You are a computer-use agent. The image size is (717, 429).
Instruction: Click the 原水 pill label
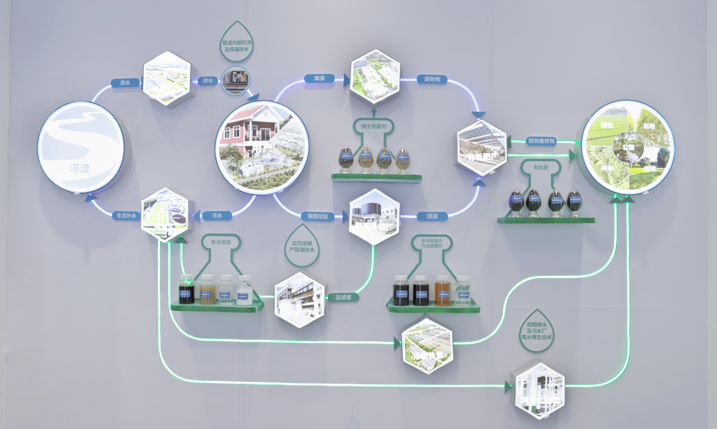[125, 83]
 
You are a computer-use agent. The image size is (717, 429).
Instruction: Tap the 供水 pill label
[208, 81]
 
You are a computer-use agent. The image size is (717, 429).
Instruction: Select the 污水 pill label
[217, 216]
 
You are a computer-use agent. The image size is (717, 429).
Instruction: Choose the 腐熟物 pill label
[432, 79]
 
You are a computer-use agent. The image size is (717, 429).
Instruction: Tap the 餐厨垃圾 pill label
[317, 217]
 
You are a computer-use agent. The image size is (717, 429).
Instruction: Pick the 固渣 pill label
[432, 216]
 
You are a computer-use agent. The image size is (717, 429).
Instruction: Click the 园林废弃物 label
[541, 141]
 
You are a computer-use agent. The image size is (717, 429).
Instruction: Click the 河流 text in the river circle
[79, 169]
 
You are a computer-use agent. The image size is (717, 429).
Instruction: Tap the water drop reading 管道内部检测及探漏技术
[237, 43]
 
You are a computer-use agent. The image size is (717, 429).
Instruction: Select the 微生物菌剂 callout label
[374, 126]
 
